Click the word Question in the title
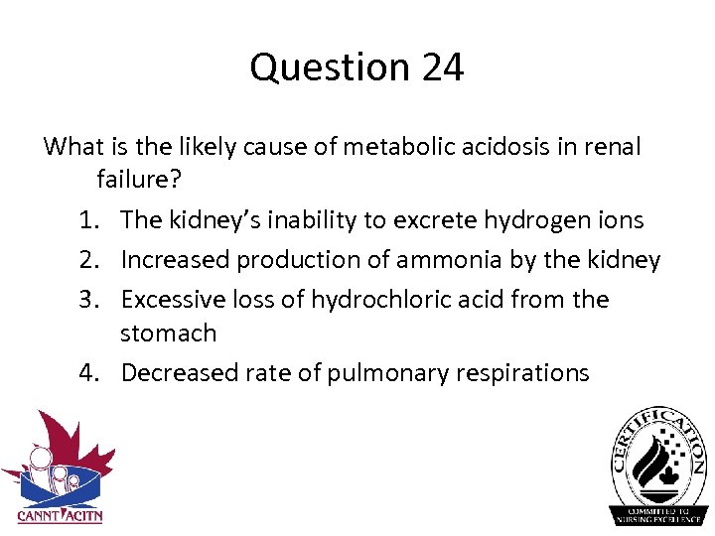(x=327, y=67)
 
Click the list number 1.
(x=90, y=220)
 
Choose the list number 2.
(x=90, y=260)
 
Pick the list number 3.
(x=90, y=300)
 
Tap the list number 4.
(x=90, y=373)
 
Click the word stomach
(x=168, y=334)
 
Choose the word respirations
(x=524, y=373)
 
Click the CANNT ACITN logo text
(x=60, y=515)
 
